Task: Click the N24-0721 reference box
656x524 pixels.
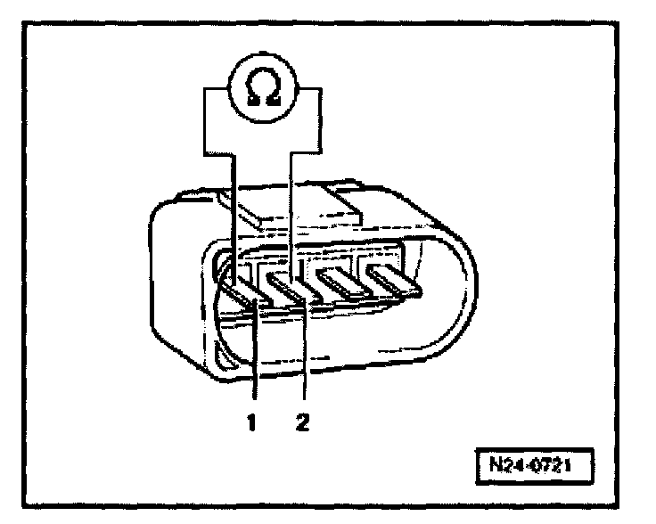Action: point(532,465)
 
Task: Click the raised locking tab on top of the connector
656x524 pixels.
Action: point(303,207)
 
